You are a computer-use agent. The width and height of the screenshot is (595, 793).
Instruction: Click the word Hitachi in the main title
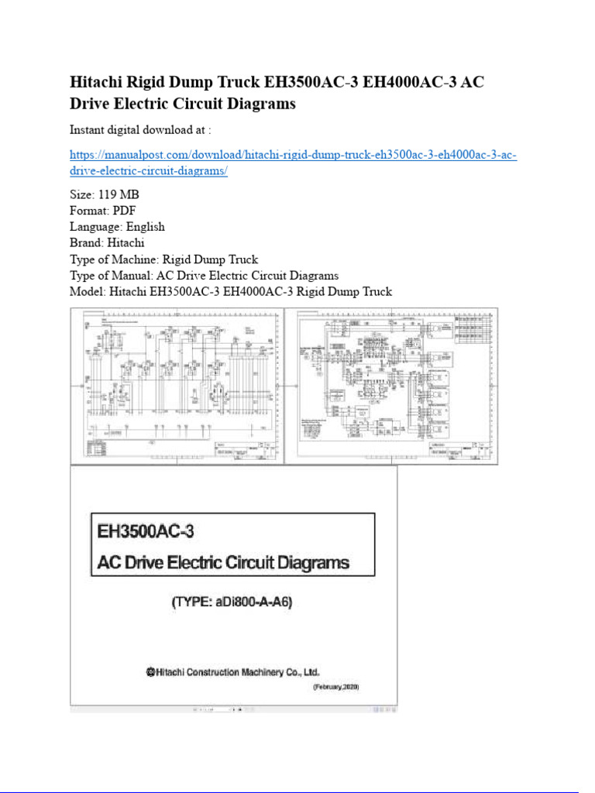click(x=98, y=82)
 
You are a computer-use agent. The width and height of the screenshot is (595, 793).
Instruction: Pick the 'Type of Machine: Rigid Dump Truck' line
click(x=163, y=259)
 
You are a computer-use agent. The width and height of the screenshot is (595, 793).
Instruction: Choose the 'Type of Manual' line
click(x=204, y=276)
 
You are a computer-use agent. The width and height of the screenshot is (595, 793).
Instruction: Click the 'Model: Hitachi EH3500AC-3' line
click(x=231, y=292)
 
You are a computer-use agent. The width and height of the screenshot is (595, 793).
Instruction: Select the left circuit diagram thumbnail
click(x=177, y=385)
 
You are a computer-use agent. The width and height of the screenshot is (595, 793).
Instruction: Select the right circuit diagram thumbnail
click(x=391, y=385)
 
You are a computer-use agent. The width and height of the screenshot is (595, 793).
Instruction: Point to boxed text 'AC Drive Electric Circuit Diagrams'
click(x=222, y=562)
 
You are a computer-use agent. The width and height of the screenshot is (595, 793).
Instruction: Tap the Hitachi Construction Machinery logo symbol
click(x=150, y=673)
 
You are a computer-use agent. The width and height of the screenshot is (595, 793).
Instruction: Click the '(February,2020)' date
click(x=336, y=688)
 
